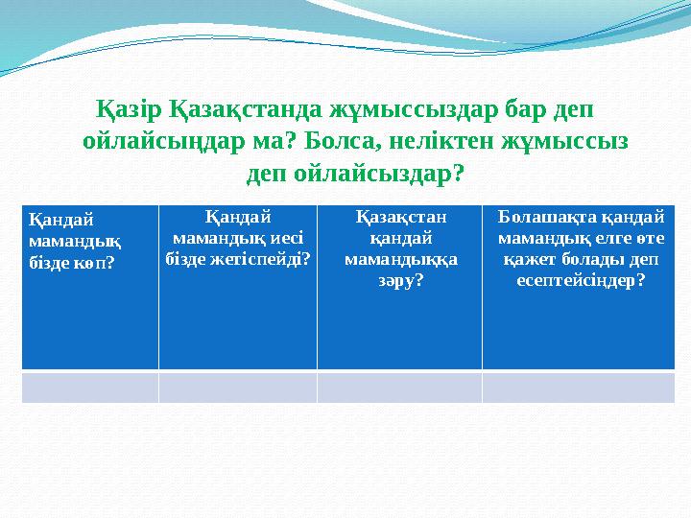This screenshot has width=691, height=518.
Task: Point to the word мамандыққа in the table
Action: [x=398, y=257]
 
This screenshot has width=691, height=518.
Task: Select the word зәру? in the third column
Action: [x=398, y=278]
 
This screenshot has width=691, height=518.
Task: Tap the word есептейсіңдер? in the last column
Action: [x=585, y=278]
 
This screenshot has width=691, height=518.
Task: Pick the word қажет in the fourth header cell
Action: [x=530, y=257]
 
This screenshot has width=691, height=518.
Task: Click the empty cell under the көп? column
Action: [x=90, y=387]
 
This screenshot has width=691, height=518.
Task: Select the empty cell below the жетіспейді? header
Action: [x=237, y=387]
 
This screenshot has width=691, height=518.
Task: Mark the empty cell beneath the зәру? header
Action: [x=398, y=387]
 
